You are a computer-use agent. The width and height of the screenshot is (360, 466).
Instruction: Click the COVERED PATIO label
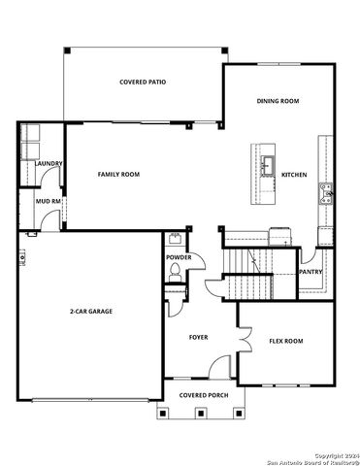pos(142,83)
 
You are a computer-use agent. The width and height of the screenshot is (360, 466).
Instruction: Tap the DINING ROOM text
pos(277,101)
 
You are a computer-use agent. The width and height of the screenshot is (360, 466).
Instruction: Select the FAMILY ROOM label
pos(118,174)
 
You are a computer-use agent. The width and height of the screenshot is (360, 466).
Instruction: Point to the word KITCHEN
pos(294,175)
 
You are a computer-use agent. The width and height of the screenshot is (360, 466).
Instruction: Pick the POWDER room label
pos(179,257)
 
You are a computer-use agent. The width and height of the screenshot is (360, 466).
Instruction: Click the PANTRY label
pos(310,272)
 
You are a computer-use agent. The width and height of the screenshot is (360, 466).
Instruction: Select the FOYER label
pos(198,337)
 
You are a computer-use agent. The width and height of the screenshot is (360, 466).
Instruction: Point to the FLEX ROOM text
pos(286,341)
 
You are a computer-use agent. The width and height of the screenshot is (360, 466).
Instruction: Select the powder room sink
pos(175,239)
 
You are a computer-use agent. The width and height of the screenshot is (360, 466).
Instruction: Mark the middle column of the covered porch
pos(200,413)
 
